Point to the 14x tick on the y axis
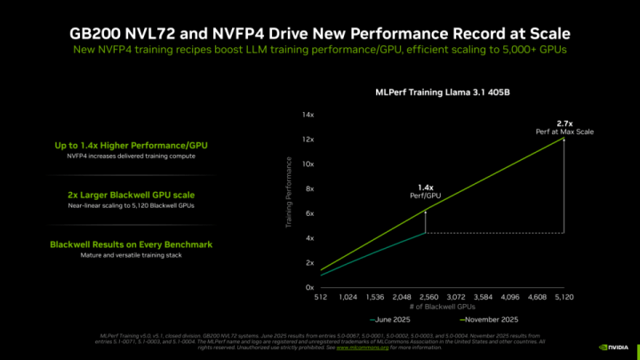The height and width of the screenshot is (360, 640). coord(308,116)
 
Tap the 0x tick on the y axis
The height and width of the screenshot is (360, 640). coord(309,288)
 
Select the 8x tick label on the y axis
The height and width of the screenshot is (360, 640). coord(309,189)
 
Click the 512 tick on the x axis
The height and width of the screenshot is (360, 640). coord(321,298)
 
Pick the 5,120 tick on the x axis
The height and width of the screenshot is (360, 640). coord(564,298)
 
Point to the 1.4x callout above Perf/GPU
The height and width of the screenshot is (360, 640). coord(426,188)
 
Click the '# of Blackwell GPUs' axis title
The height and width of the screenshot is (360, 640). coord(442,307)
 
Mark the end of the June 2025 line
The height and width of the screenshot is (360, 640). coord(426,232)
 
